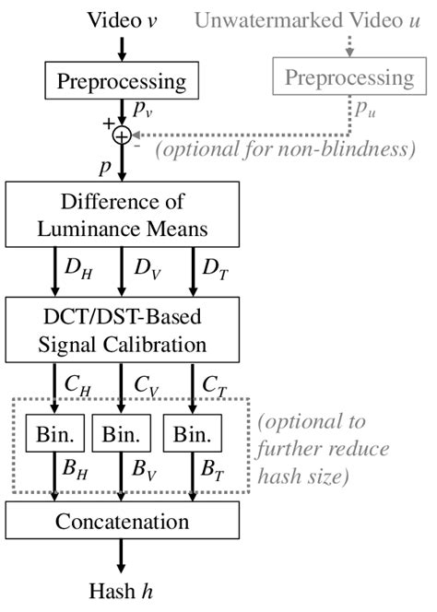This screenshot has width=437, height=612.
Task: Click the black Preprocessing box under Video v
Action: (x=122, y=81)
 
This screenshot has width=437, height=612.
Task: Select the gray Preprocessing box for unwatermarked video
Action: (x=348, y=77)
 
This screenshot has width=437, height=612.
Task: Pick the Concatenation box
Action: (x=122, y=522)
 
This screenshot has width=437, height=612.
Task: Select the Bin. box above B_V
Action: (x=122, y=433)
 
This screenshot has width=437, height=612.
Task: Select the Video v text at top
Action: (x=122, y=18)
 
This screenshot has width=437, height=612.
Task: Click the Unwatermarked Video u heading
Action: (x=337, y=18)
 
